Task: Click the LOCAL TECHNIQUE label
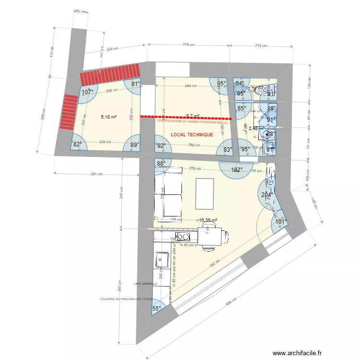(x=192, y=135)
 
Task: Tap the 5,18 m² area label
(x=109, y=117)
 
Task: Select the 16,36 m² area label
(x=208, y=221)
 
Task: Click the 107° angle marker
(x=87, y=92)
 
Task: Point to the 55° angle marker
(x=157, y=310)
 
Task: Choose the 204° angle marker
(x=266, y=195)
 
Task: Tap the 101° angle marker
(x=281, y=222)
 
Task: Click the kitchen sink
(x=160, y=261)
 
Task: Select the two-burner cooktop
(x=182, y=236)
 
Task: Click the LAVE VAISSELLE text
(x=146, y=284)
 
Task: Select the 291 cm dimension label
(x=97, y=174)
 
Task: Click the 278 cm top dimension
(x=189, y=45)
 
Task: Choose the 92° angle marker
(x=161, y=146)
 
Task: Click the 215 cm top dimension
(x=261, y=45)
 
